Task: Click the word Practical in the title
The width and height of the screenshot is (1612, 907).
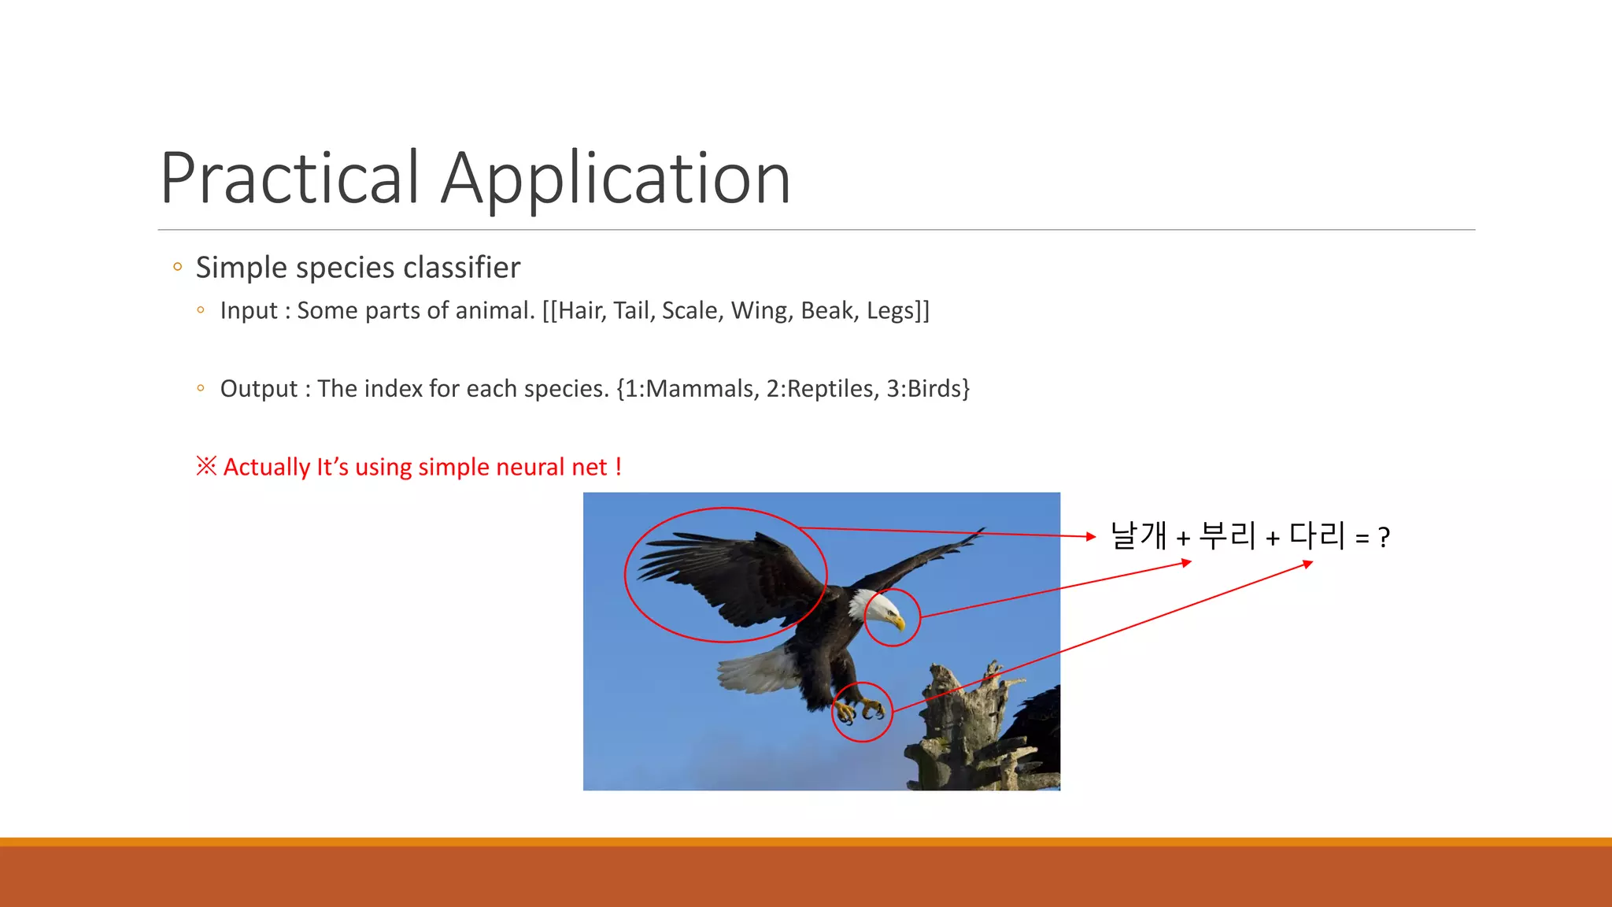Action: click(290, 179)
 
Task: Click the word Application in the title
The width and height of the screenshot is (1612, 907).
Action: click(616, 180)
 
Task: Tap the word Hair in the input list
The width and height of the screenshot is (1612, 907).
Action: click(581, 311)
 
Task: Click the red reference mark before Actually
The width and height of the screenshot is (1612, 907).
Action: click(206, 466)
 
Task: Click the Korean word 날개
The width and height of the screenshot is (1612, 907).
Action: click(1138, 535)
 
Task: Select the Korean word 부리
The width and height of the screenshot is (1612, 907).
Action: click(1227, 535)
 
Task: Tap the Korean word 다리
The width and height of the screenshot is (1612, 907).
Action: click(1317, 535)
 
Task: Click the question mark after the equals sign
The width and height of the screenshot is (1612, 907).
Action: click(1384, 539)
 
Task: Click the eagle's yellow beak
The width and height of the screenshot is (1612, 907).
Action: click(897, 622)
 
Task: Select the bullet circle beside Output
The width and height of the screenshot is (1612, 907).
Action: click(201, 388)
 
